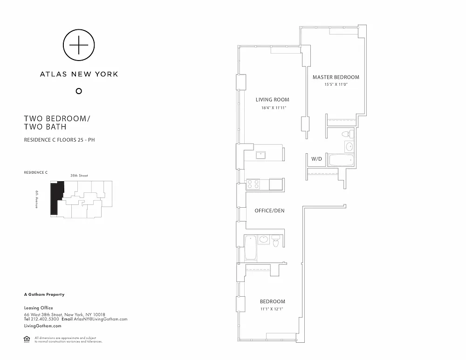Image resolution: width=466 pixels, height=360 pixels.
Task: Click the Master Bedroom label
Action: coord(336,77)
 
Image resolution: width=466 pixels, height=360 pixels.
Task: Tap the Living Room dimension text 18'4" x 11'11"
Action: coord(274,108)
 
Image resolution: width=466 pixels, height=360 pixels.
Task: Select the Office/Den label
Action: coord(269,211)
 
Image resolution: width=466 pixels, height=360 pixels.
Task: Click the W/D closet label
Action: coord(316,159)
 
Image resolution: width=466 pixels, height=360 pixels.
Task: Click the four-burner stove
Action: coord(253,184)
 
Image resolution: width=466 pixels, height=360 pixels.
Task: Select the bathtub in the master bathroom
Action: coord(341,160)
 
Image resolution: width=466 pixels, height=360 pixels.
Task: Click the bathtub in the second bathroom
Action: coord(251,248)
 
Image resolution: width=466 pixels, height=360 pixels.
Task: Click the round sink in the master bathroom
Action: coord(349,146)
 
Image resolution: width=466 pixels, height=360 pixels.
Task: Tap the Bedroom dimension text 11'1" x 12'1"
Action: coord(272,309)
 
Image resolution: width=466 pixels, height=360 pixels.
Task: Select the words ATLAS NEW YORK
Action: coord(79,74)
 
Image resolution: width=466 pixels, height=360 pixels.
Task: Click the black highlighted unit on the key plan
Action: coord(56,197)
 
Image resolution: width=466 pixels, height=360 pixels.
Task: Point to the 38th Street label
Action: coord(79,176)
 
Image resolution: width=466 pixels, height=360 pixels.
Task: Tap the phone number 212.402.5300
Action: coord(45,319)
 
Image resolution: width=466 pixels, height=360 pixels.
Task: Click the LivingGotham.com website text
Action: coord(43,326)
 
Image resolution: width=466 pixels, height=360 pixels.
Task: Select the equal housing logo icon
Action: coord(27,339)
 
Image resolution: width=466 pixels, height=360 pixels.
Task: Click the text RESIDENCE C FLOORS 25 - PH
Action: coord(60,140)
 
